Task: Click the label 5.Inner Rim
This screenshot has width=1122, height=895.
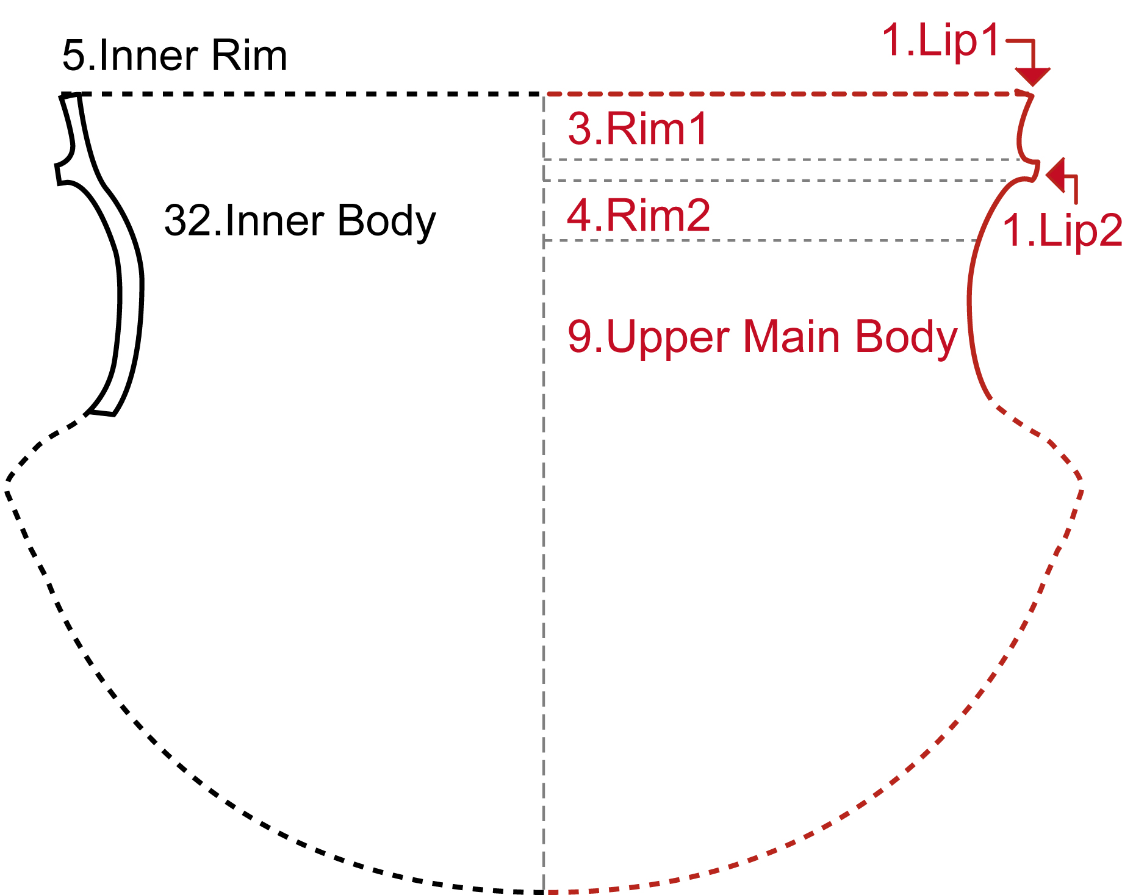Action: point(174,56)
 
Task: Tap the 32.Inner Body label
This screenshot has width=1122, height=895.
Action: point(300,220)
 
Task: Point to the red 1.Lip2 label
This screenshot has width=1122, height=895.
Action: point(1062,231)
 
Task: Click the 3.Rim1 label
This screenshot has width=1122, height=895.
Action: point(638,129)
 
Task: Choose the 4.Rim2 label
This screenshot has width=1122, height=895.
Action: point(638,215)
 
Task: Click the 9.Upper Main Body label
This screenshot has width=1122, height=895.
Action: point(762,337)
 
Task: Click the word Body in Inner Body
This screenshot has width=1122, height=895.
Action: point(386,220)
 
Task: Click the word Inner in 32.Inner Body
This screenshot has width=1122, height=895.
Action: point(275,220)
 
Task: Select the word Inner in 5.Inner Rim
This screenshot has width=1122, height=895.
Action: point(148,56)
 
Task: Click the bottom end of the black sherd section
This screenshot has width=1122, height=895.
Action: point(101,413)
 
